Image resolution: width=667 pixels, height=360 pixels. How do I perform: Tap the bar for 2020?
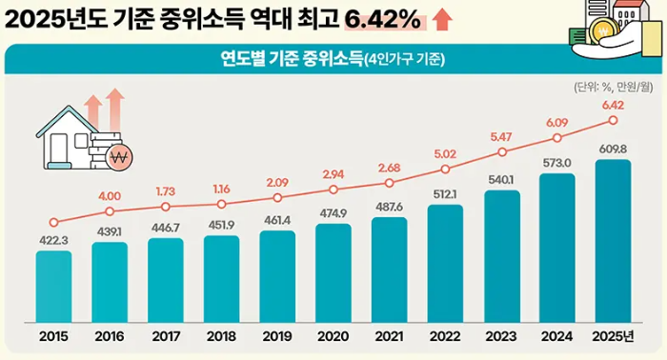click(x=333, y=270)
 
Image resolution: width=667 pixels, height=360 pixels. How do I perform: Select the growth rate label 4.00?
click(x=110, y=196)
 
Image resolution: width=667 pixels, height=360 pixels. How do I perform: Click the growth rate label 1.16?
click(x=222, y=190)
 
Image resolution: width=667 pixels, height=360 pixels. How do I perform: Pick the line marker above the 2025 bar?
click(x=613, y=120)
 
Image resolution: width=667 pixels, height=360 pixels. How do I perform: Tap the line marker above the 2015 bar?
click(x=53, y=221)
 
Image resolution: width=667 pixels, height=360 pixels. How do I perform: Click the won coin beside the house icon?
click(x=119, y=157)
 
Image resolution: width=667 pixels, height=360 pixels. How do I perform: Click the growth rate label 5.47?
click(x=501, y=137)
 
